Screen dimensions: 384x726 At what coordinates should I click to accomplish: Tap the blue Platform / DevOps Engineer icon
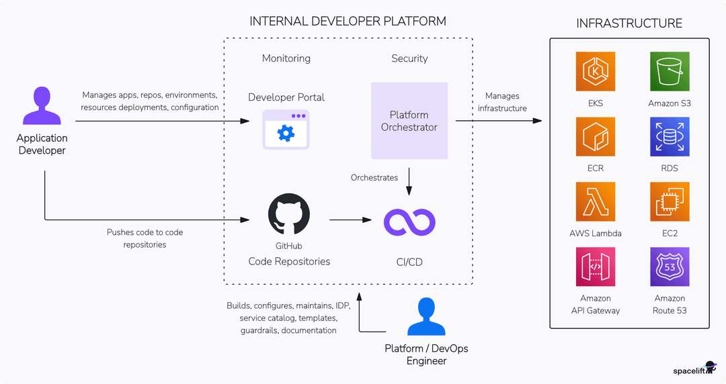coord(427,317)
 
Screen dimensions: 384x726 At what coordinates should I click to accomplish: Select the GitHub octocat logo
coord(288,215)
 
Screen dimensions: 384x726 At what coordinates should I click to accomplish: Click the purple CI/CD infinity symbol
coord(409,222)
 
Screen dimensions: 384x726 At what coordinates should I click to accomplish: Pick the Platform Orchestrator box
coord(409,121)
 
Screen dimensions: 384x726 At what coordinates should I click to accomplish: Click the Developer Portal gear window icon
coord(286,130)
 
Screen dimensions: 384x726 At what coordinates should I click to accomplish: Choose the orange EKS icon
coord(596,72)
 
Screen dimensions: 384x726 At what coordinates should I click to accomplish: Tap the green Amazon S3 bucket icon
coord(670,72)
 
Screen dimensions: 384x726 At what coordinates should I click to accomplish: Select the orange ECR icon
coord(596,137)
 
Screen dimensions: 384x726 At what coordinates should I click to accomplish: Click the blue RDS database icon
coord(670,137)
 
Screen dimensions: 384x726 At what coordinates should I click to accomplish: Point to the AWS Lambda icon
coord(596,201)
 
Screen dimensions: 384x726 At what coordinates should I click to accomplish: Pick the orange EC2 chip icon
coord(670,201)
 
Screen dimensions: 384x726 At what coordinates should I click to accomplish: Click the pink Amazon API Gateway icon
coord(596,267)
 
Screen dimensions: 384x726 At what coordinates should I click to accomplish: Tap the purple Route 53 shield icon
coord(670,267)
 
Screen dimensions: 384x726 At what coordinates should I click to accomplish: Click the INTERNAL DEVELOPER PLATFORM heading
coord(348,21)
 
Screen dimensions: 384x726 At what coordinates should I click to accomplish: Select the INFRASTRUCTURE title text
coord(629,23)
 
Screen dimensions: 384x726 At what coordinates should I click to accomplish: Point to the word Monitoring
coord(286,58)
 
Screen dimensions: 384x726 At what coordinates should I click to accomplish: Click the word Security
coord(409,58)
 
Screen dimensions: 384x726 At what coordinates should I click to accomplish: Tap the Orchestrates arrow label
coord(374,178)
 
